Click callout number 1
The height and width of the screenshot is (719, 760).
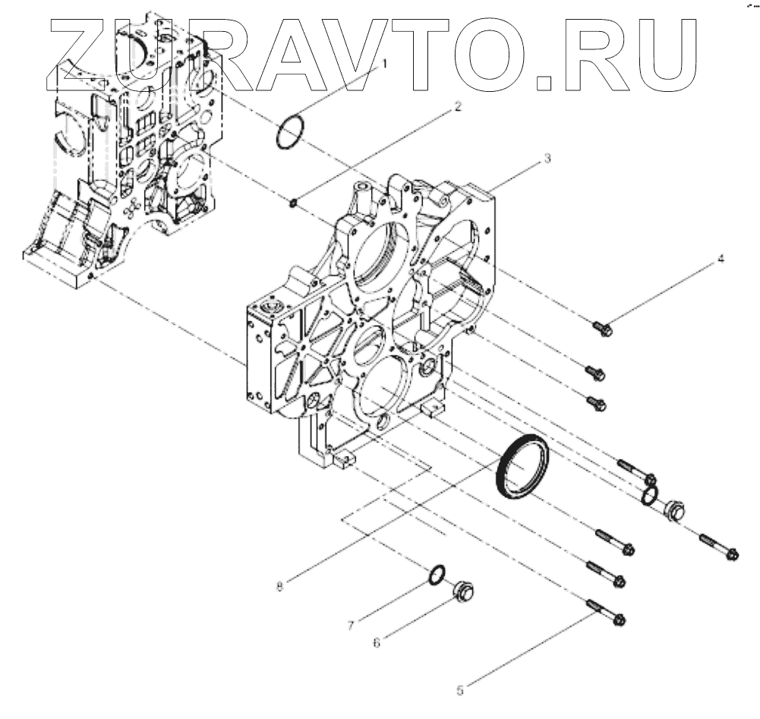pos(383,65)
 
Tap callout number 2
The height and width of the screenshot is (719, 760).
pos(457,107)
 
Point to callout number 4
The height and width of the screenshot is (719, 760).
pos(721,259)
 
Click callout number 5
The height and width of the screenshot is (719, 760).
pos(460,690)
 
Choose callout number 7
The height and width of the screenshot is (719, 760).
pos(351,626)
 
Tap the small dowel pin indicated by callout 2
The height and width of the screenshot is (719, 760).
pos(296,201)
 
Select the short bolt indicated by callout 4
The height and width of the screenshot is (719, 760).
pos(602,328)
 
